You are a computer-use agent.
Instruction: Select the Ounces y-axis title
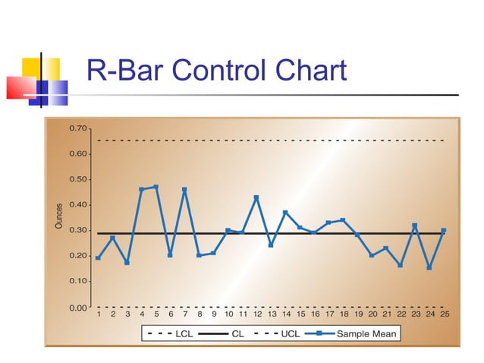tap(59, 216)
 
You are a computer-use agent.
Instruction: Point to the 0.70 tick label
tap(77, 128)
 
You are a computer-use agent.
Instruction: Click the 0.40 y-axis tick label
tap(77, 204)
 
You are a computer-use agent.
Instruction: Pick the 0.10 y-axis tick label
tap(77, 281)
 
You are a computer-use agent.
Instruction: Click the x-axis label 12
tap(257, 313)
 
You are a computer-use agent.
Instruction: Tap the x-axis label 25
tap(444, 313)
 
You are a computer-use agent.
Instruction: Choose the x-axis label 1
tap(99, 313)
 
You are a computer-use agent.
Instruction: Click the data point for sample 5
tap(156, 187)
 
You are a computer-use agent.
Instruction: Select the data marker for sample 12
tap(256, 197)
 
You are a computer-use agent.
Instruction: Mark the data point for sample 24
tap(429, 267)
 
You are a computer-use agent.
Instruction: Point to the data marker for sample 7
tap(184, 189)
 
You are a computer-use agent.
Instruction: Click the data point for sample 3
tap(127, 263)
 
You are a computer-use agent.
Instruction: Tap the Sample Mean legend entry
tap(366, 333)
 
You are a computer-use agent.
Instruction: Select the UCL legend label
tap(290, 333)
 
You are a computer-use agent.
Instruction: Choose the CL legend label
tap(238, 333)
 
